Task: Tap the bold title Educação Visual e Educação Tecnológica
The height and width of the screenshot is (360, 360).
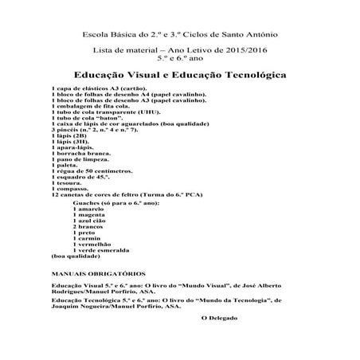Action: click(x=179, y=72)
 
